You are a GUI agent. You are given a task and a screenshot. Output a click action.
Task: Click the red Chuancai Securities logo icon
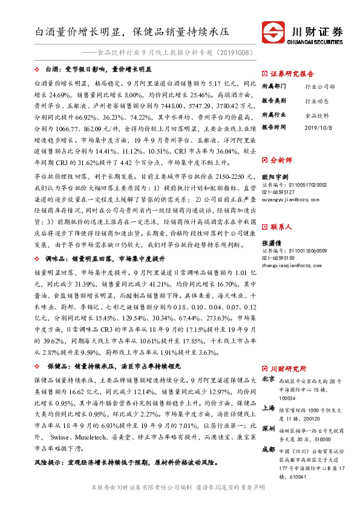pos(273,31)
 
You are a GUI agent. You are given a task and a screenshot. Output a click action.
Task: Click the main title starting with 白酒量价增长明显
pos(132,30)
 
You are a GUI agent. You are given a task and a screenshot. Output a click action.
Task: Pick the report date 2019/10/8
pos(318,128)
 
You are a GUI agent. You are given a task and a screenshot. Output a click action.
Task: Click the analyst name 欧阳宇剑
pos(273,177)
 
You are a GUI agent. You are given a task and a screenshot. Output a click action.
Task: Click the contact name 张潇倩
pos(270,242)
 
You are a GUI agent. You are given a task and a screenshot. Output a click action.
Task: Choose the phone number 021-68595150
pos(277,257)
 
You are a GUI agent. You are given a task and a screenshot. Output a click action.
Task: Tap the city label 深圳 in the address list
pos(269,428)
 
